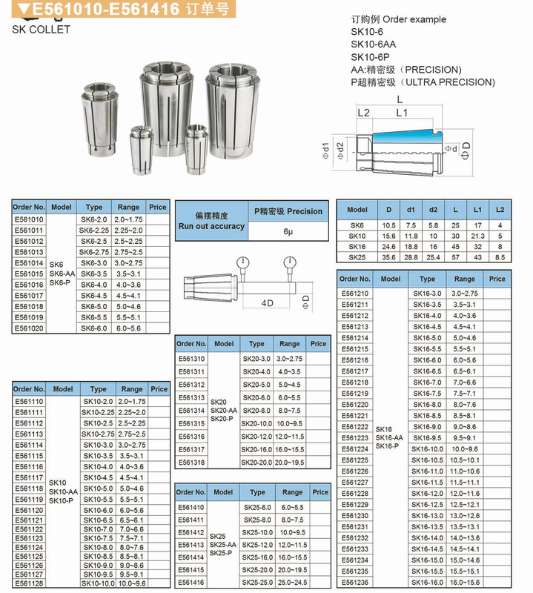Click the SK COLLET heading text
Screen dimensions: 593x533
pyautogui.click(x=41, y=30)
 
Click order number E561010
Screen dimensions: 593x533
pyautogui.click(x=29, y=219)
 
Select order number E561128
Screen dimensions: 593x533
pyautogui.click(x=29, y=583)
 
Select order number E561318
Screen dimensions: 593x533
pyautogui.click(x=191, y=462)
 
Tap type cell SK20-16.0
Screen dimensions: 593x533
pyautogui.click(x=256, y=449)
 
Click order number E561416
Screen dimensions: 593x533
pyautogui.click(x=191, y=583)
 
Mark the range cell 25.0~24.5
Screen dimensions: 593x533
pyautogui.click(x=292, y=583)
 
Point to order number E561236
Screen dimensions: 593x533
pyautogui.click(x=354, y=583)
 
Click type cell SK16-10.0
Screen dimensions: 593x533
pyautogui.click(x=427, y=449)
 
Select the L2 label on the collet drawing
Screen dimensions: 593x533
pyautogui.click(x=363, y=113)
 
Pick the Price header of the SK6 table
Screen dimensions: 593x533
pyautogui.click(x=158, y=207)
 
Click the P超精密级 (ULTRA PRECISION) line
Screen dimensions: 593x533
pyautogui.click(x=422, y=82)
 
